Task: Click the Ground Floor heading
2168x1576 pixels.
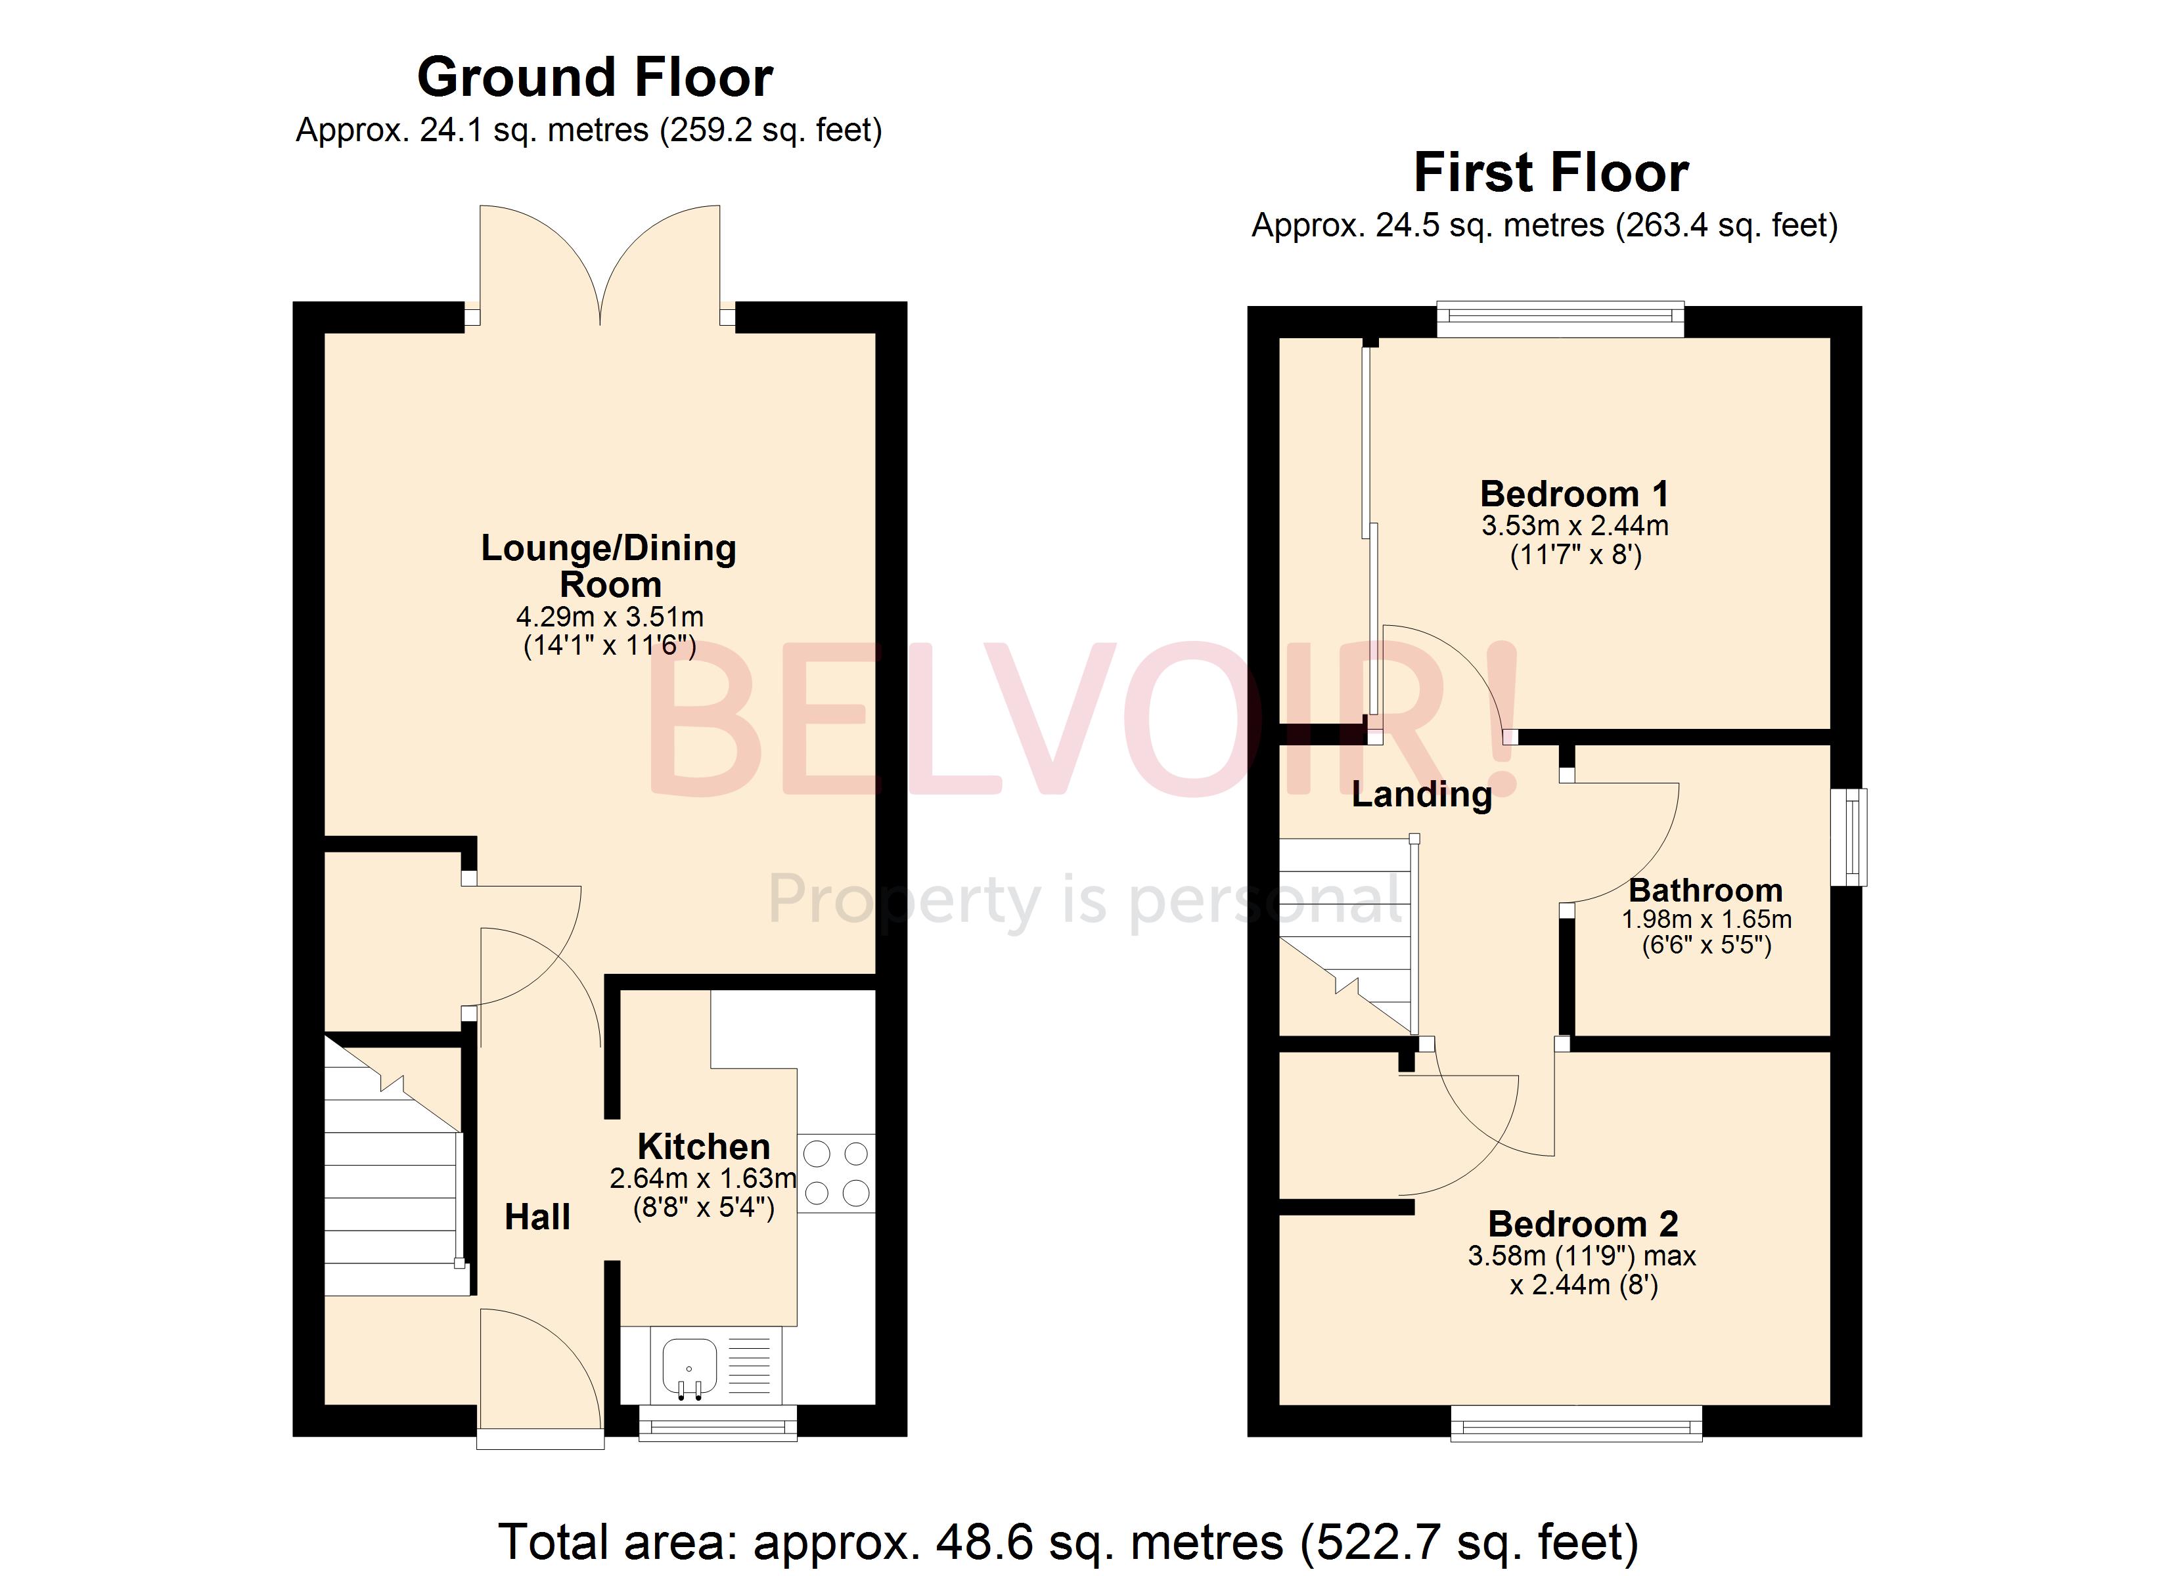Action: click(595, 77)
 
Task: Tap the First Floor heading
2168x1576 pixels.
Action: click(1550, 173)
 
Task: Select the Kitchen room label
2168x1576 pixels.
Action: click(704, 1146)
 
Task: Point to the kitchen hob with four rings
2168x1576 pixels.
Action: click(836, 1173)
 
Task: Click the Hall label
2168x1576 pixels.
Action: click(537, 1217)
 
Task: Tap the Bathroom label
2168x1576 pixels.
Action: click(1705, 890)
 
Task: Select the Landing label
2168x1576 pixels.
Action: click(1422, 793)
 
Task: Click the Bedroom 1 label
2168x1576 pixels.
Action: click(1574, 494)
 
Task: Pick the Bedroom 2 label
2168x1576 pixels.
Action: click(1583, 1223)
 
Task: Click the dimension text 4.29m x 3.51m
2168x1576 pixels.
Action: click(610, 617)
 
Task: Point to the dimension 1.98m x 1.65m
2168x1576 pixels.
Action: click(1706, 919)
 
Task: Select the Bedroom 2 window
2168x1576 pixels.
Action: click(1576, 1422)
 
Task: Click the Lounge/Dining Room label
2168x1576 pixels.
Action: click(609, 566)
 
